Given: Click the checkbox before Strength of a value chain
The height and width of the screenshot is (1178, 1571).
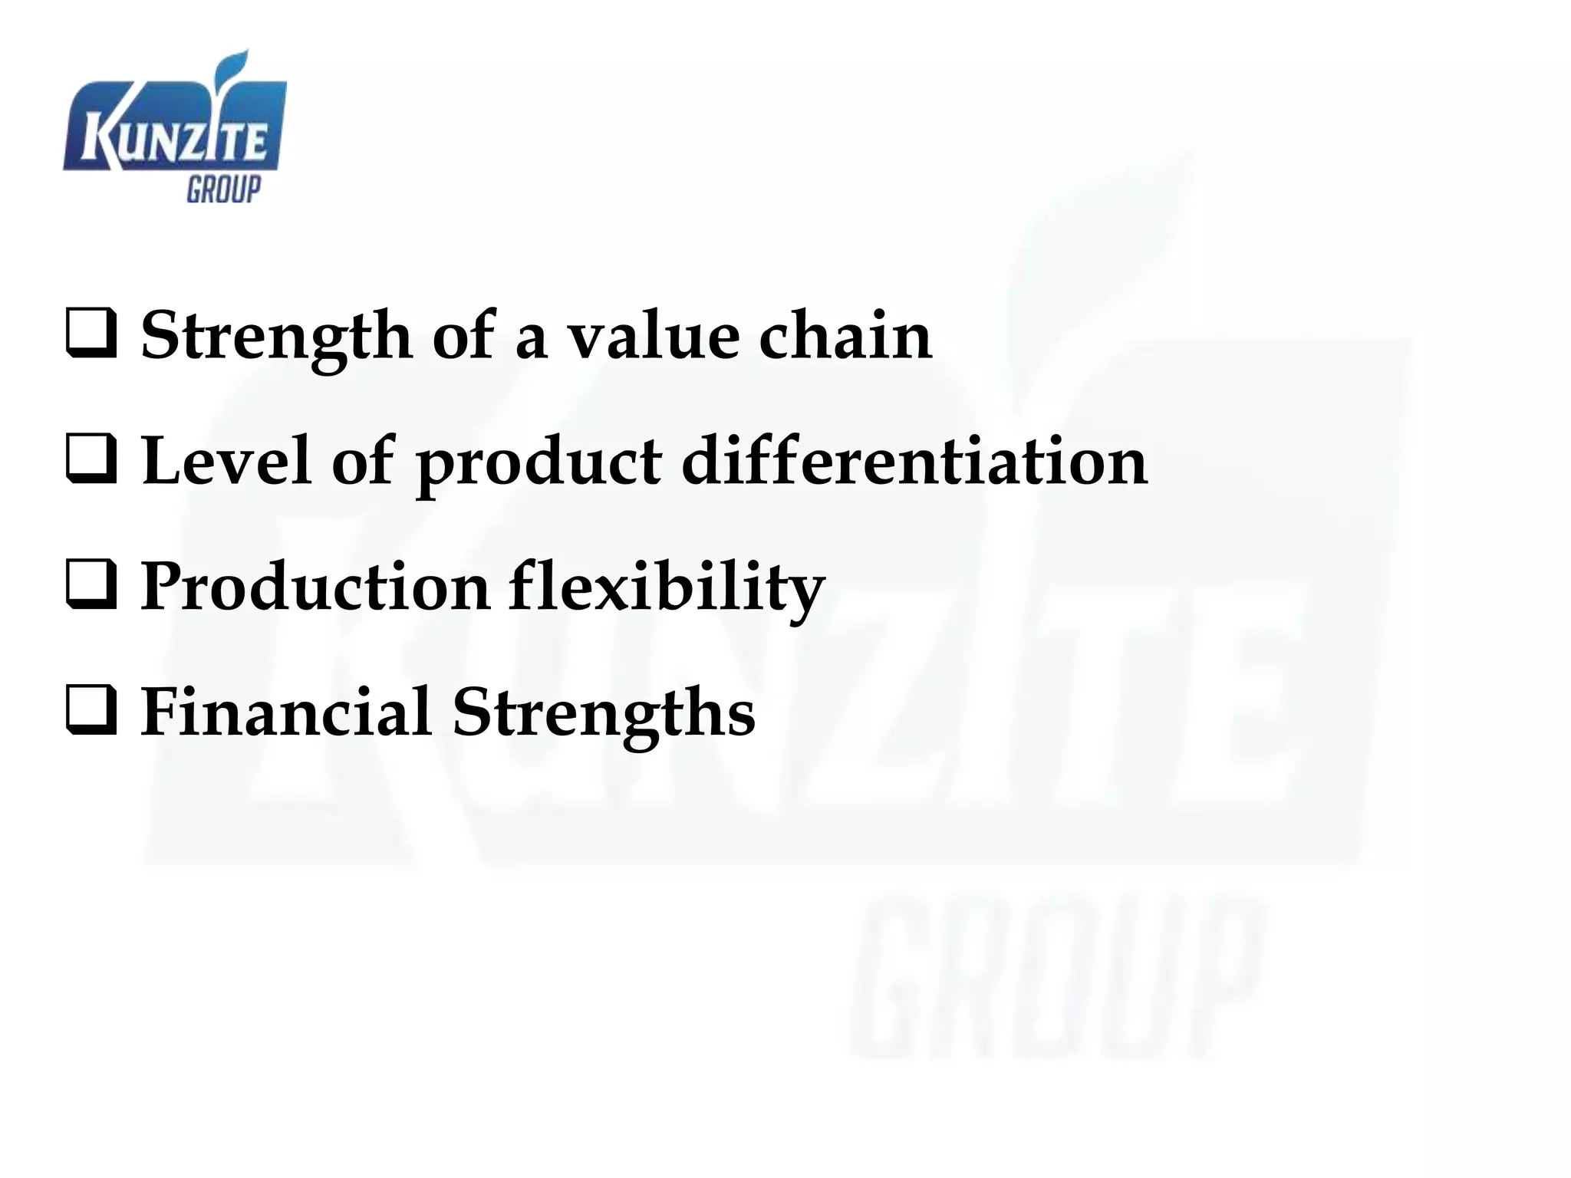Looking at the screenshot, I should (91, 334).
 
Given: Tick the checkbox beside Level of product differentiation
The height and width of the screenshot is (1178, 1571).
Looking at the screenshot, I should (91, 459).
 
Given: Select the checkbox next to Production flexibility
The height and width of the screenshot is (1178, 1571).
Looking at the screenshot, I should (91, 585).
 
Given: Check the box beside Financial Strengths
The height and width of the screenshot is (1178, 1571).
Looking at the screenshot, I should (91, 711).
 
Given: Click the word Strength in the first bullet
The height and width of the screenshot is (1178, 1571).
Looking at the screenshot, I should (276, 336).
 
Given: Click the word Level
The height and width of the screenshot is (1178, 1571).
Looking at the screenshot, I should (226, 461).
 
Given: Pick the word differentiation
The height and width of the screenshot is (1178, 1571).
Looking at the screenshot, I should (914, 461).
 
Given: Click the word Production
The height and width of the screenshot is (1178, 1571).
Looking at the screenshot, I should (315, 587).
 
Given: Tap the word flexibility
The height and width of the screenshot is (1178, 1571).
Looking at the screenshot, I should (666, 587).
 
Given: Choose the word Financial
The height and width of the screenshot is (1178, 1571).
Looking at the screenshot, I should (285, 712).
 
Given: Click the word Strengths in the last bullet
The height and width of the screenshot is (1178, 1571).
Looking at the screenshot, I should (603, 712).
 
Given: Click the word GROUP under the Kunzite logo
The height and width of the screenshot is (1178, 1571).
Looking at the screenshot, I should (223, 189).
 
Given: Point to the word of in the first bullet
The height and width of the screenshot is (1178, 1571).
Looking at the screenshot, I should (463, 336).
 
